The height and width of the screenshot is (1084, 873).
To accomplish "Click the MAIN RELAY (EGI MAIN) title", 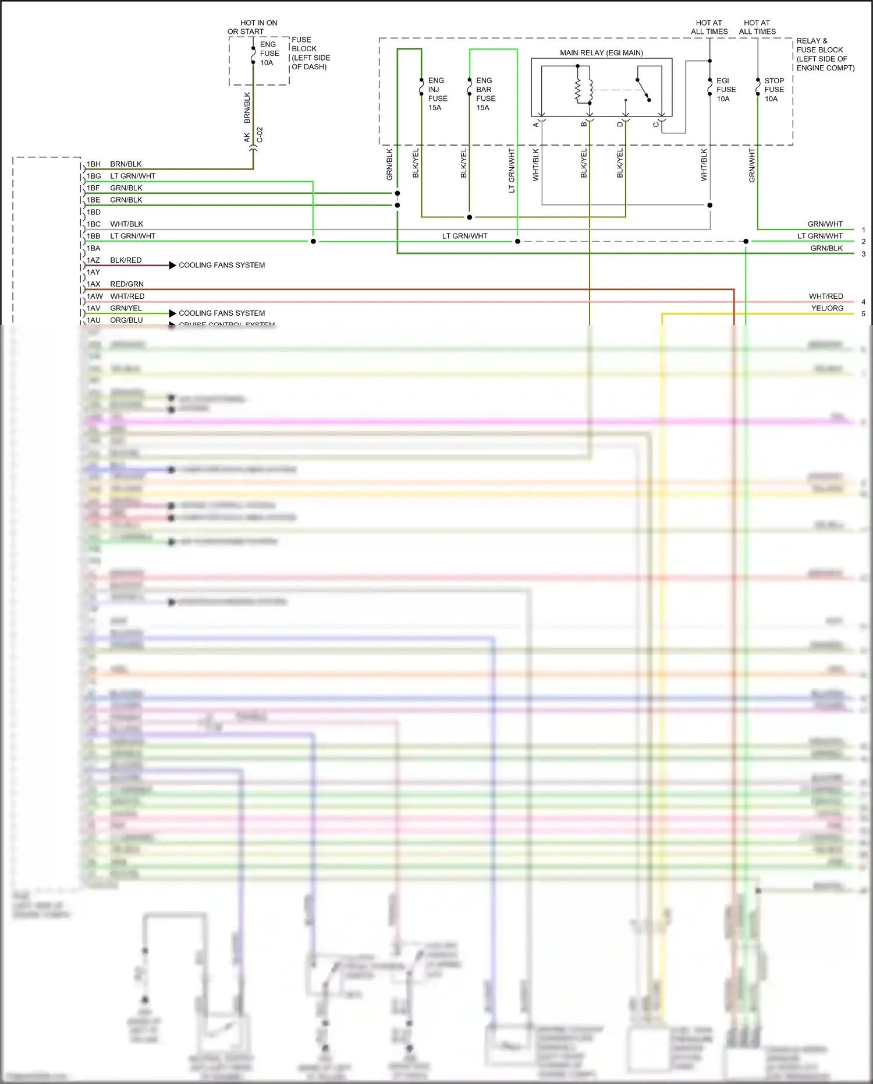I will [x=601, y=53].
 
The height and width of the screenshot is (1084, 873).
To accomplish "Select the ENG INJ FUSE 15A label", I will [x=437, y=94].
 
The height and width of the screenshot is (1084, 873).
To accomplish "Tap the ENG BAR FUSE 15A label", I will [x=485, y=94].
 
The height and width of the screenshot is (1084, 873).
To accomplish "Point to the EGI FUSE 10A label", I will [x=726, y=90].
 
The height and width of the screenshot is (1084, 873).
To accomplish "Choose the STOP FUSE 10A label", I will [x=773, y=90].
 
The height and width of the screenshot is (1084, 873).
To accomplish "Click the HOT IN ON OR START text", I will [x=253, y=27].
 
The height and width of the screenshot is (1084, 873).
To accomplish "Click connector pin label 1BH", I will [x=94, y=164].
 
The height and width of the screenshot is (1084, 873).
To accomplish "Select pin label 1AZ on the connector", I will [x=94, y=260].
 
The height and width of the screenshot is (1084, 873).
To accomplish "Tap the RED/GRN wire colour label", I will [x=127, y=284].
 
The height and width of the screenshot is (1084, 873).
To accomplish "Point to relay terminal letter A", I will [x=536, y=125].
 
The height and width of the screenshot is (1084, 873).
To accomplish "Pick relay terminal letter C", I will [x=656, y=125].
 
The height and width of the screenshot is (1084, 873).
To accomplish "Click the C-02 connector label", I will [x=260, y=135].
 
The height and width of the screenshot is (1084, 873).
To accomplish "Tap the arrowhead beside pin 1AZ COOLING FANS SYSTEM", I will [x=172, y=266].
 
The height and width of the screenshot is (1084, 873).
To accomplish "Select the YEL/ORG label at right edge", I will [x=827, y=308].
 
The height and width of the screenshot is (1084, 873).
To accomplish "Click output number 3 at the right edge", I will [x=863, y=254].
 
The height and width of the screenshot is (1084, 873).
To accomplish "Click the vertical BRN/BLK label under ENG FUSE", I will [x=247, y=108].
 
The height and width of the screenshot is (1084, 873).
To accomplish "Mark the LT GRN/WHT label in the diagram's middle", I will [x=464, y=236].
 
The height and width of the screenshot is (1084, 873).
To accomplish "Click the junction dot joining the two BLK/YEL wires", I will [x=469, y=217].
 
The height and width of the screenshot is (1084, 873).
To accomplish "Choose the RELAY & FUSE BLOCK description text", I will [x=825, y=54].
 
